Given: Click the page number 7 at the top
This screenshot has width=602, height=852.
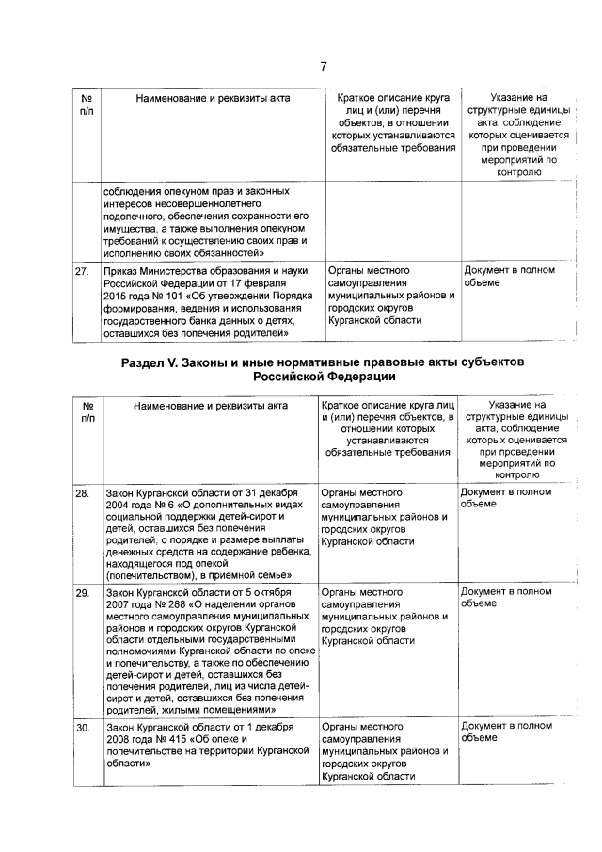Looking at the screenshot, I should point(323,65).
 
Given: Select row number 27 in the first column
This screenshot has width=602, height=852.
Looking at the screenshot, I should point(82,271).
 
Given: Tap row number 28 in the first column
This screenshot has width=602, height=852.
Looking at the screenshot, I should point(82,492).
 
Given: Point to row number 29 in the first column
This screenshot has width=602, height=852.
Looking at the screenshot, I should point(82,592).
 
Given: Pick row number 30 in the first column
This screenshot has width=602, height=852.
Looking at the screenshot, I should point(82,727).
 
